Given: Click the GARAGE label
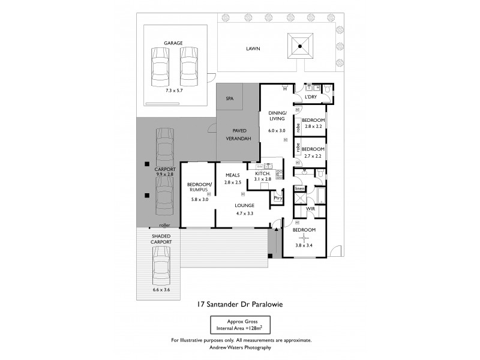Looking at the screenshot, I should (x=173, y=43).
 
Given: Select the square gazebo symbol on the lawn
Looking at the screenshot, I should (x=300, y=46).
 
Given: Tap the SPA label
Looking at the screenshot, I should (x=229, y=98).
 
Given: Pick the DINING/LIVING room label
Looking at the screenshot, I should (x=277, y=116).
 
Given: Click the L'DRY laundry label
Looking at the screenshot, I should (x=311, y=97).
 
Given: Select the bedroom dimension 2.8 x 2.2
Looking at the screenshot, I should (x=313, y=127).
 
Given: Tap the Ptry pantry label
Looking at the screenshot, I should (x=277, y=198).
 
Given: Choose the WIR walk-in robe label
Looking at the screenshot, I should (x=310, y=209).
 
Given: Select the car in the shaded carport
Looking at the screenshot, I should (x=160, y=267).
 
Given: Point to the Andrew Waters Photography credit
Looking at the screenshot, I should (x=240, y=347).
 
